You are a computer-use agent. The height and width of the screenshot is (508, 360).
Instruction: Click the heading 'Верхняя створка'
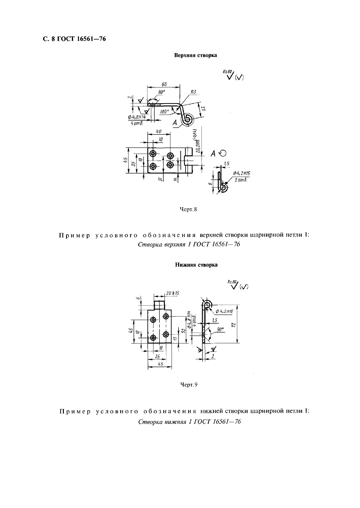point(195,55)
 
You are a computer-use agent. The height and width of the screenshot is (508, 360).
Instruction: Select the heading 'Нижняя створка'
point(196,265)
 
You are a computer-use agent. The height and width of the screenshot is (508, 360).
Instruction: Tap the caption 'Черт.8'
point(189,209)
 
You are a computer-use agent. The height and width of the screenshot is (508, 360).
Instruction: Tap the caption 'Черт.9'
point(189,385)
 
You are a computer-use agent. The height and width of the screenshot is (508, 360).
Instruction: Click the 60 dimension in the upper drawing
point(164,85)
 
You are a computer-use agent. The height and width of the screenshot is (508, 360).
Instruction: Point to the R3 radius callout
point(193,92)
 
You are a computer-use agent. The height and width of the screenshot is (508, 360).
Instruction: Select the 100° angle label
point(164,112)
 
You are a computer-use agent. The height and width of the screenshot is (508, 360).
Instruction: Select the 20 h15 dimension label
point(173,293)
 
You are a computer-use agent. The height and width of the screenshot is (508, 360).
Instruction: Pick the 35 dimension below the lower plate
point(157,356)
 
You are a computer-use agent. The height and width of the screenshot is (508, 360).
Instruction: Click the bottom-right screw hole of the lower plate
point(166,334)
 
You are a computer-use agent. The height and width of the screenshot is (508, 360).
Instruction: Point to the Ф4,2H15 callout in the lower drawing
point(224,311)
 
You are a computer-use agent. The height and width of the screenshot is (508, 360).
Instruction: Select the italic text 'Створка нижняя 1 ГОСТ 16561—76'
point(189,422)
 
